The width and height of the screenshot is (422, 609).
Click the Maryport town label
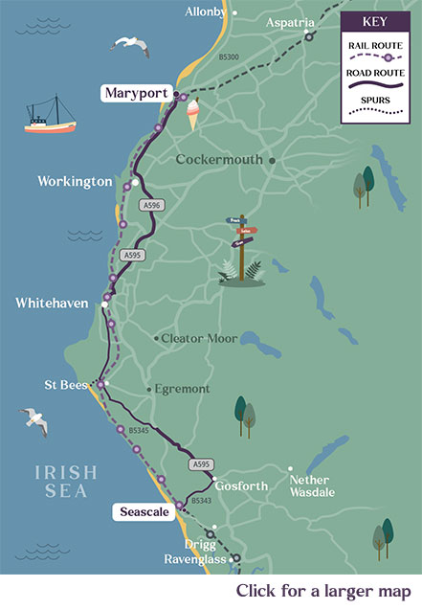pyautogui.click(x=135, y=93)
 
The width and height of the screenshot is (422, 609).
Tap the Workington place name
pyautogui.click(x=75, y=181)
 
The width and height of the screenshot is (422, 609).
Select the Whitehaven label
pyautogui.click(x=52, y=303)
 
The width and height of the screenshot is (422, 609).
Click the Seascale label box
pyautogui.click(x=143, y=512)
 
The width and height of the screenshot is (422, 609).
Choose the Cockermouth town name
pyautogui.click(x=218, y=160)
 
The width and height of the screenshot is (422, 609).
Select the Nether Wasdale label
pyautogui.click(x=312, y=486)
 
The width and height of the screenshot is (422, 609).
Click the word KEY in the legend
pyautogui.click(x=379, y=19)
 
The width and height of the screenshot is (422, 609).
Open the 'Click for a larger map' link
pyautogui.click(x=324, y=590)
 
